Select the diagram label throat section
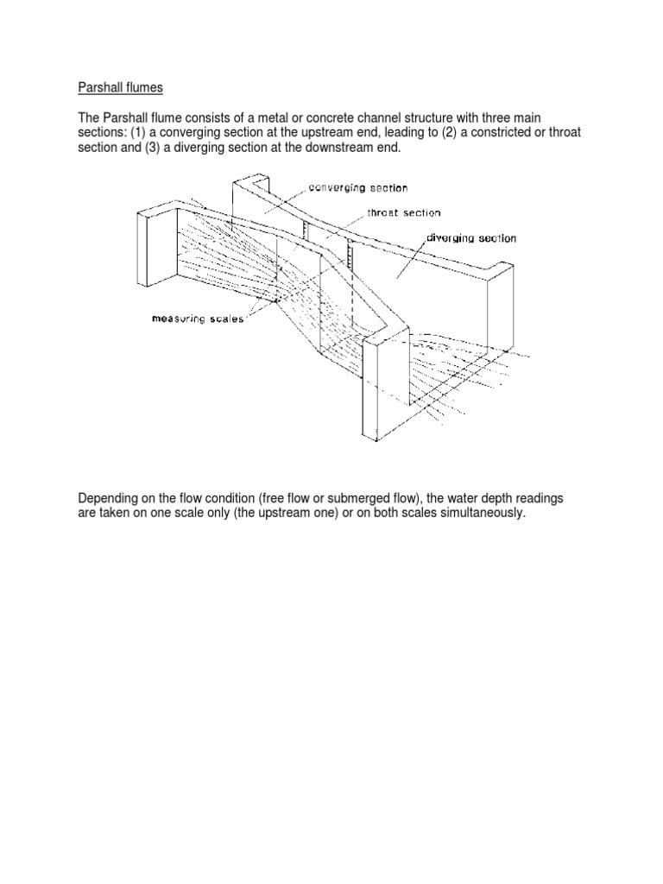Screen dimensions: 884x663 click(x=403, y=212)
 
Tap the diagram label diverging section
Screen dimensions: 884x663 click(x=470, y=237)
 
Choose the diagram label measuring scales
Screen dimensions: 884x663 click(x=198, y=319)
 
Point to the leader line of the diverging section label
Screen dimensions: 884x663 click(x=413, y=255)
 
